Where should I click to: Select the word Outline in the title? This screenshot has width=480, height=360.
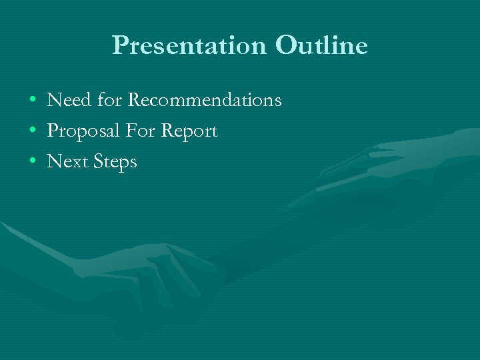click(321, 45)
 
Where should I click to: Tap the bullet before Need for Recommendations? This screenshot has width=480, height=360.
click(33, 101)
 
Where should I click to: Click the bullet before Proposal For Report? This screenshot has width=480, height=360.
click(33, 132)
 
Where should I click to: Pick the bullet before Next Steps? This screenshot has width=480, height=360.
click(33, 162)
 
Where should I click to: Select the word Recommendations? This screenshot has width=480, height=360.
click(205, 101)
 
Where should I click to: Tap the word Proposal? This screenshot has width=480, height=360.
click(84, 131)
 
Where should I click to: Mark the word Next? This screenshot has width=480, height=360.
click(65, 161)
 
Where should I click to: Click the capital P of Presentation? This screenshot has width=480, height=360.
click(120, 46)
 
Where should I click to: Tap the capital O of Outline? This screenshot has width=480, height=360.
click(283, 45)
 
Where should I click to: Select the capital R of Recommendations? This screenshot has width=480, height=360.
click(134, 101)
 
